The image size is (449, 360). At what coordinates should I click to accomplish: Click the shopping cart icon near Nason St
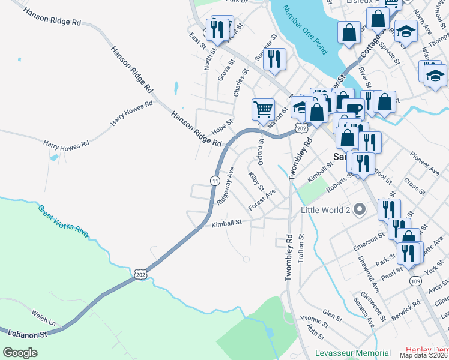pos(263,110)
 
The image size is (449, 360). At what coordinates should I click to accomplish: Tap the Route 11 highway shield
pos(214,180)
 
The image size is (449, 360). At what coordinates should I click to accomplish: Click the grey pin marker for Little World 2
pos(360,209)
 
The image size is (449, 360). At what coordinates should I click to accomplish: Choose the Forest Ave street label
pos(262,199)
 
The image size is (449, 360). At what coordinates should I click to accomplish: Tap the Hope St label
pos(221,129)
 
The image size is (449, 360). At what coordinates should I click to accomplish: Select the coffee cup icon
pos(354,109)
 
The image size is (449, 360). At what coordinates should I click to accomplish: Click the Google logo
pos(20,353)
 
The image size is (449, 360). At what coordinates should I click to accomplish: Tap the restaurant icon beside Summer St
pos(274,59)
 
